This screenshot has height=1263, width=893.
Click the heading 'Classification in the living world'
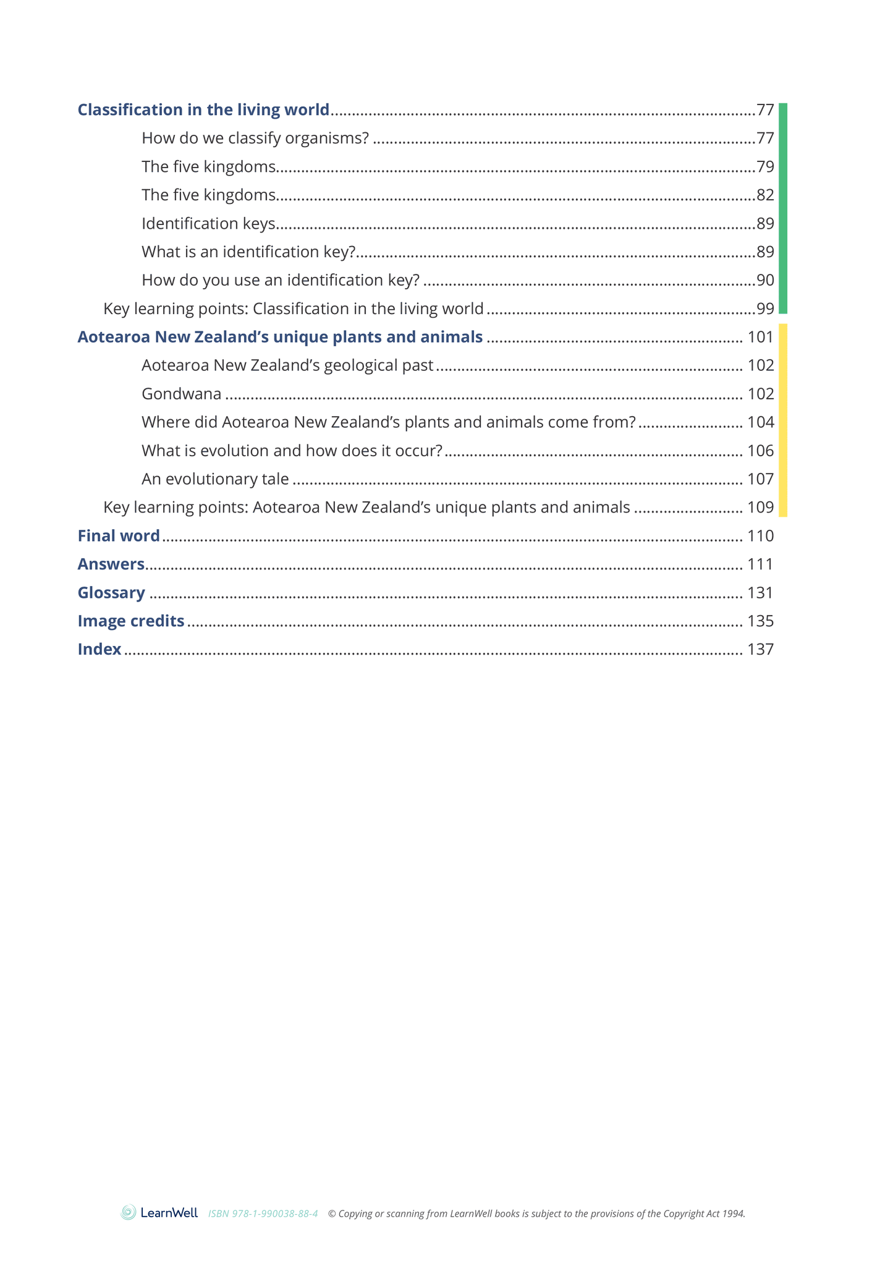click(203, 110)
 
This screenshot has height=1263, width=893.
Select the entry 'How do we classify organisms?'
click(255, 138)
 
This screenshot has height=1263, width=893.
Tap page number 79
click(765, 167)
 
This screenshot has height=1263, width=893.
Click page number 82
click(765, 195)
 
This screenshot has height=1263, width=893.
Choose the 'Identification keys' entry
click(208, 224)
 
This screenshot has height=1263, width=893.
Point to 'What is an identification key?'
click(248, 252)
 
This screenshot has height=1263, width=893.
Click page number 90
click(765, 281)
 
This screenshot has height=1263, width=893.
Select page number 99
click(765, 309)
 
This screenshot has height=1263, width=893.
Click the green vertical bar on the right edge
click(782, 208)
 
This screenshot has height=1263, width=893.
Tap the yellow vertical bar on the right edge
click(782, 420)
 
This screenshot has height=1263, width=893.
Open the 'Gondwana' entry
click(181, 394)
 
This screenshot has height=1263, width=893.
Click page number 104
click(760, 423)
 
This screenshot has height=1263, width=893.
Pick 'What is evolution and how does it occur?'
click(292, 451)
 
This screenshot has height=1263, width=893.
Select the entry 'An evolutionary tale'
click(215, 480)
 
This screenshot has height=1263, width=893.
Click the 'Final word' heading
click(119, 536)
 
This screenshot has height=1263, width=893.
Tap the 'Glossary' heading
click(111, 593)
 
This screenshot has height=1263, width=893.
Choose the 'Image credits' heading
click(131, 621)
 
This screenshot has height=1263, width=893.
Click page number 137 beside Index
click(760, 650)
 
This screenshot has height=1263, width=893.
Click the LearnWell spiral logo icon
click(129, 1212)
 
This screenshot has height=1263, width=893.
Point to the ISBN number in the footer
click(263, 1214)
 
